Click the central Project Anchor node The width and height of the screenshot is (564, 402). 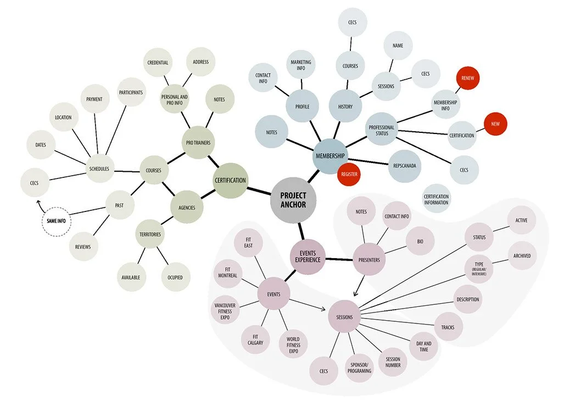point(293,200)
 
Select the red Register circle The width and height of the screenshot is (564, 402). point(349,174)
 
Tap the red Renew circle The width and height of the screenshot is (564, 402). point(468,79)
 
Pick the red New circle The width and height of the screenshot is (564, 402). point(495,124)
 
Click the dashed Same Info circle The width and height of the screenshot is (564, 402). point(57,221)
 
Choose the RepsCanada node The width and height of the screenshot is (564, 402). point(406,165)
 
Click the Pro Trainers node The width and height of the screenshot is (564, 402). point(198,143)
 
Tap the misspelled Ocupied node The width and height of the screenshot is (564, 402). point(176,277)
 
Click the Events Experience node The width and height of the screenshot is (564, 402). point(308,256)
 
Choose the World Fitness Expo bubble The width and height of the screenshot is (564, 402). point(293,344)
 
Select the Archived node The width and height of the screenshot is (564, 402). point(522,256)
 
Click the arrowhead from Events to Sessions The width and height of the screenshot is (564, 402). point(325,309)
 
